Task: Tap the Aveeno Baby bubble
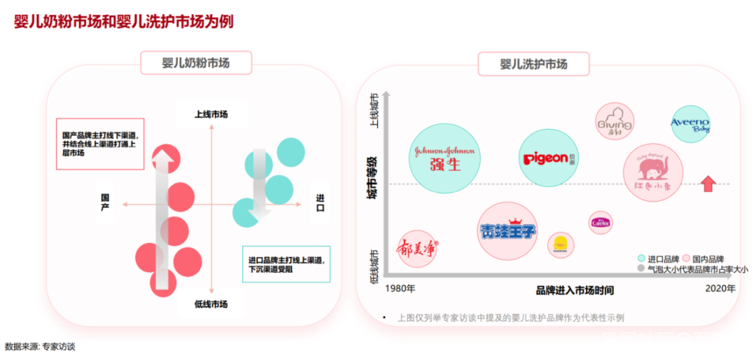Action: pos(690,125)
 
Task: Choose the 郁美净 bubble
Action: pos(417,248)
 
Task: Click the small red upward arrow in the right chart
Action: pos(708,184)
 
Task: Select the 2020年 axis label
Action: pos(720,288)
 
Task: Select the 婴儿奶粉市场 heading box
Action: pos(196,63)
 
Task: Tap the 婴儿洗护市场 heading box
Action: pos(533,64)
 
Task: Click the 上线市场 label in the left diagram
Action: pos(211,114)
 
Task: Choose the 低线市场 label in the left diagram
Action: pos(211,304)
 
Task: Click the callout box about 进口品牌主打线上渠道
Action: pos(286,264)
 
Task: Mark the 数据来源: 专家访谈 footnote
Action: pos(39,346)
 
